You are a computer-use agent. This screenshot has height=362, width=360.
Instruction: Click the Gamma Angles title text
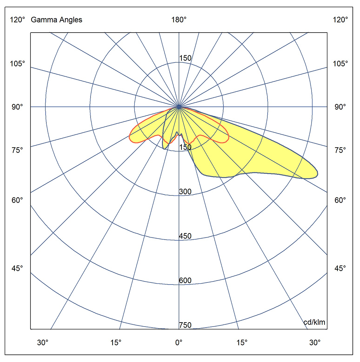tap(56, 20)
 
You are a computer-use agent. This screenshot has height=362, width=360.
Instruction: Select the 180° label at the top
tap(179, 20)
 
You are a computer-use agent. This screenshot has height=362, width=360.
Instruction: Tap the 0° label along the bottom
tap(179, 342)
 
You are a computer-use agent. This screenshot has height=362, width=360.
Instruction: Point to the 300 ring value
tap(185, 192)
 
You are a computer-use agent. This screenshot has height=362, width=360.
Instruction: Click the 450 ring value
tap(185, 236)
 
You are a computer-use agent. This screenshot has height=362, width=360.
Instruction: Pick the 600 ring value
tap(185, 281)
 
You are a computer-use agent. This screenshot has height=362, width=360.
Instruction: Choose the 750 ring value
tap(185, 325)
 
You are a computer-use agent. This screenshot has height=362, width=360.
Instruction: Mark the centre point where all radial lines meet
tap(179, 107)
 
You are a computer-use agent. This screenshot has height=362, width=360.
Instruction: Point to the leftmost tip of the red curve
tap(129, 137)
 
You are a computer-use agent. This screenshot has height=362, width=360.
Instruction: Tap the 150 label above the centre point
tap(185, 58)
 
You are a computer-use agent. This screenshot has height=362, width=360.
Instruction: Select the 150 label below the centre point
tap(185, 147)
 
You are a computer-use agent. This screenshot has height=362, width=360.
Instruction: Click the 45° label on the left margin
tap(17, 268)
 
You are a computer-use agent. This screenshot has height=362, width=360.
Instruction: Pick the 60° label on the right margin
tap(340, 200)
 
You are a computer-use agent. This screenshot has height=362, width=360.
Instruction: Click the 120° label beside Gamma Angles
tap(17, 20)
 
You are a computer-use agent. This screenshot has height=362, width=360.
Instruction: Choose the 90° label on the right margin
tap(340, 107)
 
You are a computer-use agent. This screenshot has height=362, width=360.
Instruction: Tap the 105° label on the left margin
tap(17, 64)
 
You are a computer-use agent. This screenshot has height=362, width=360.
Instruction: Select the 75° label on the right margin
tap(340, 150)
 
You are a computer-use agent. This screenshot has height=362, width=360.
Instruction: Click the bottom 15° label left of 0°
tap(116, 342)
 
